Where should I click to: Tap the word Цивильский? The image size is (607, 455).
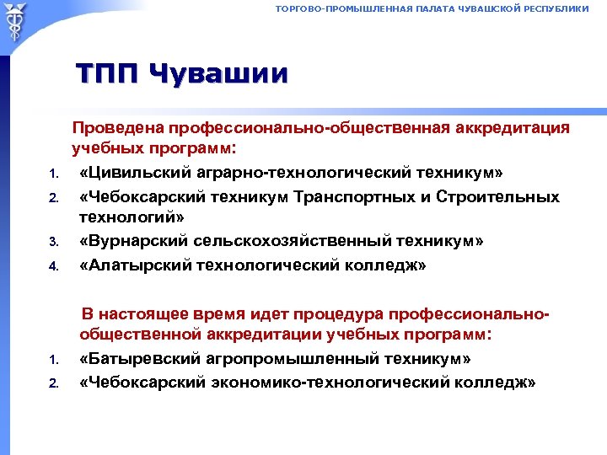[x=128, y=174]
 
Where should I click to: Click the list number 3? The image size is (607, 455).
[x=51, y=244]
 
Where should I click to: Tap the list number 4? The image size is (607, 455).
[x=51, y=267]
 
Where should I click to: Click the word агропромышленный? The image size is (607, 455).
[x=295, y=359]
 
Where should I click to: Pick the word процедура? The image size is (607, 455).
[x=344, y=314]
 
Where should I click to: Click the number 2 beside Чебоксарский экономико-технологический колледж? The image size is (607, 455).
[x=51, y=383]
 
